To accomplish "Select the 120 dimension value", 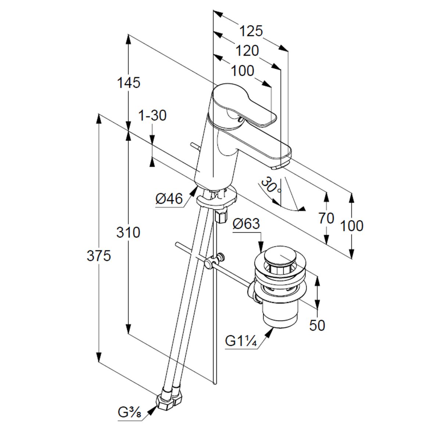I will click(x=247, y=51).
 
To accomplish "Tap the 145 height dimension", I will click(x=129, y=83).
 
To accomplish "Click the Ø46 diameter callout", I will click(x=169, y=199).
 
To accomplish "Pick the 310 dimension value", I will click(x=128, y=232).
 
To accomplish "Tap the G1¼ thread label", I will click(x=241, y=341).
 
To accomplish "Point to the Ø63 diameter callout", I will click(x=246, y=223).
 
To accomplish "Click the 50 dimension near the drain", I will click(x=317, y=325).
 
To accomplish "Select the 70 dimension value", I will click(x=326, y=218).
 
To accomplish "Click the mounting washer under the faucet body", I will click(x=216, y=200).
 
